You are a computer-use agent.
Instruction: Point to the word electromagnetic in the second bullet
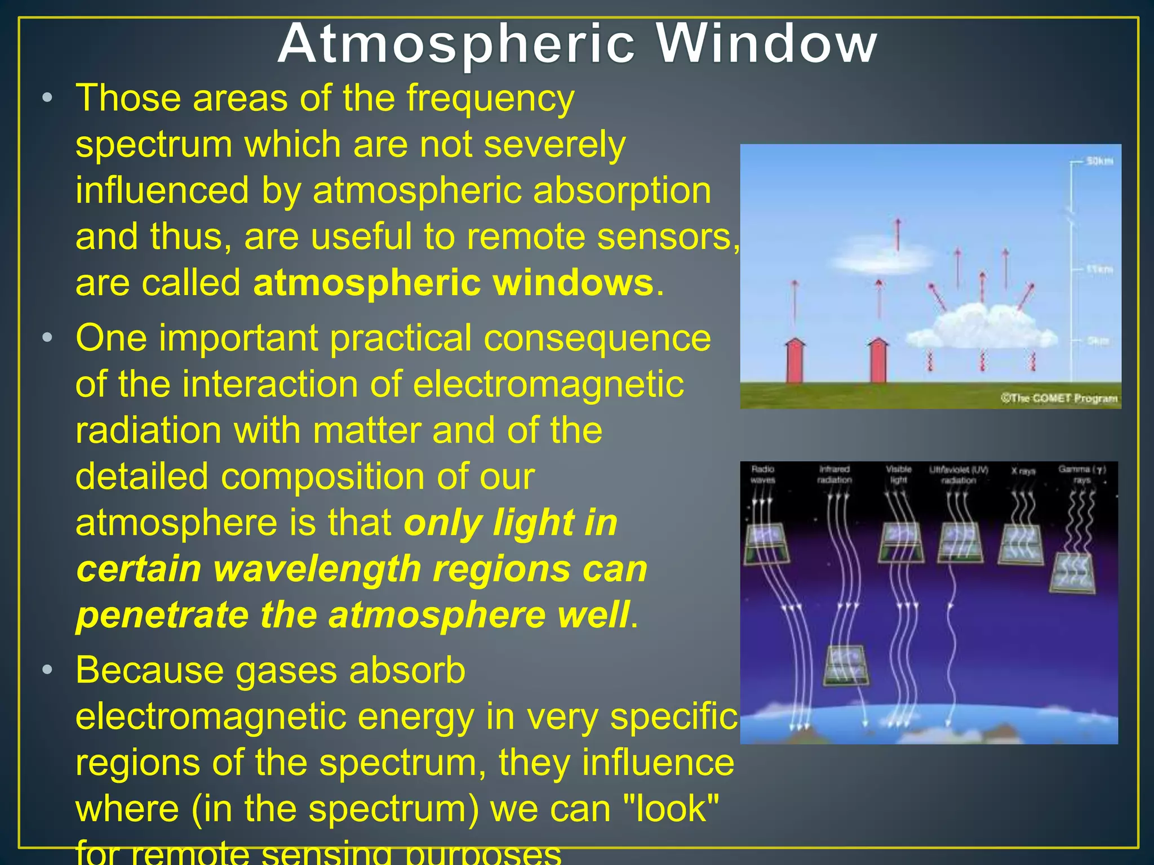pos(549,385)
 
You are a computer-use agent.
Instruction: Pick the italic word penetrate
pos(162,616)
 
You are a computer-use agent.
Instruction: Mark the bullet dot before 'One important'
pos(48,338)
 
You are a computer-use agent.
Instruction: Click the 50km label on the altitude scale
pos(1099,162)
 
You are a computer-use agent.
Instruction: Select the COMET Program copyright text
pos(1059,399)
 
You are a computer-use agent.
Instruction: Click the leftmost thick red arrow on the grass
pos(795,360)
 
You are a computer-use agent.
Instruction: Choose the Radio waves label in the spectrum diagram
pos(763,475)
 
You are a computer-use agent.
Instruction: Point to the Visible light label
pos(898,475)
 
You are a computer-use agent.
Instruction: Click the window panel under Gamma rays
pos(1073,572)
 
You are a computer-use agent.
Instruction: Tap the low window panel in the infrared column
pos(845,665)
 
